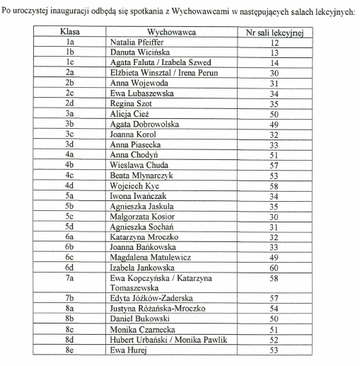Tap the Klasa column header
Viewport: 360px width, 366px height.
coord(70,33)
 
